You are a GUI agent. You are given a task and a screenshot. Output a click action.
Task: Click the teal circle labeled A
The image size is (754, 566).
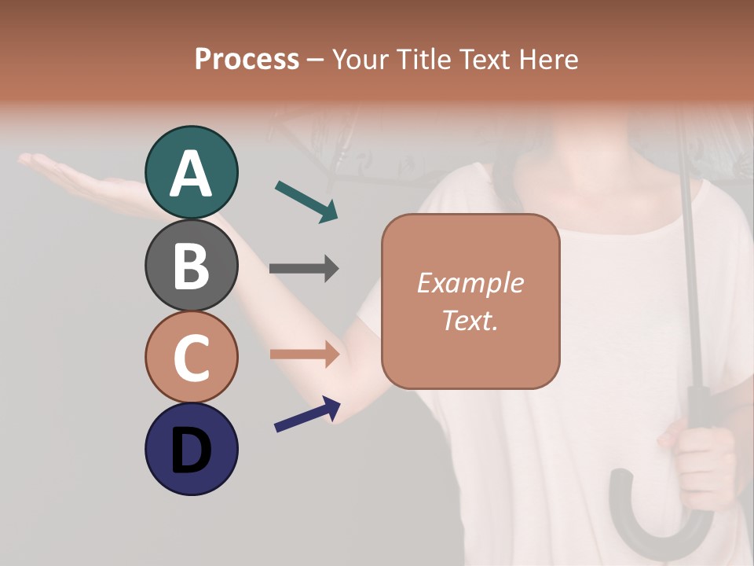[x=191, y=172]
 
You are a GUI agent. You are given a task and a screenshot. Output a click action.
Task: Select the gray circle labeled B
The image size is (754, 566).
[x=191, y=265]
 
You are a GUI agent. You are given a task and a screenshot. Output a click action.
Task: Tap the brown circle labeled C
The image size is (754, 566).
[x=191, y=357]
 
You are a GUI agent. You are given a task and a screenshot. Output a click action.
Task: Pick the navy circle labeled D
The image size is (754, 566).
[x=191, y=449]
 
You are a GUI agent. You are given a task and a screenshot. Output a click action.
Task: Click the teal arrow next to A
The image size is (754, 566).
[x=306, y=201]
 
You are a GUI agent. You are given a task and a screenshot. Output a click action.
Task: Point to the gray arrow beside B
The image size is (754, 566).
[x=304, y=268]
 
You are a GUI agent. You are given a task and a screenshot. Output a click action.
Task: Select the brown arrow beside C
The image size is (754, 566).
[x=304, y=354]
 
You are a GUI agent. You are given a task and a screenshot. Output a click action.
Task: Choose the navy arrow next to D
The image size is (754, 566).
[x=307, y=414]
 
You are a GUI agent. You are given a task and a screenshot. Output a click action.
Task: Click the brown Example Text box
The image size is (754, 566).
[x=470, y=301]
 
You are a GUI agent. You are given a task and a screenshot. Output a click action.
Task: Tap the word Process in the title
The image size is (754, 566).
[x=247, y=59]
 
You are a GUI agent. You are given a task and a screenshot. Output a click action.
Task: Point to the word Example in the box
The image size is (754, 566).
[x=470, y=283]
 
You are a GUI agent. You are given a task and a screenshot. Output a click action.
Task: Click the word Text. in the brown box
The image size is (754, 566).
[x=470, y=321]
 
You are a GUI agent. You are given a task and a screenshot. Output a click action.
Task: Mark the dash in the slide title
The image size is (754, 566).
[x=315, y=60]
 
